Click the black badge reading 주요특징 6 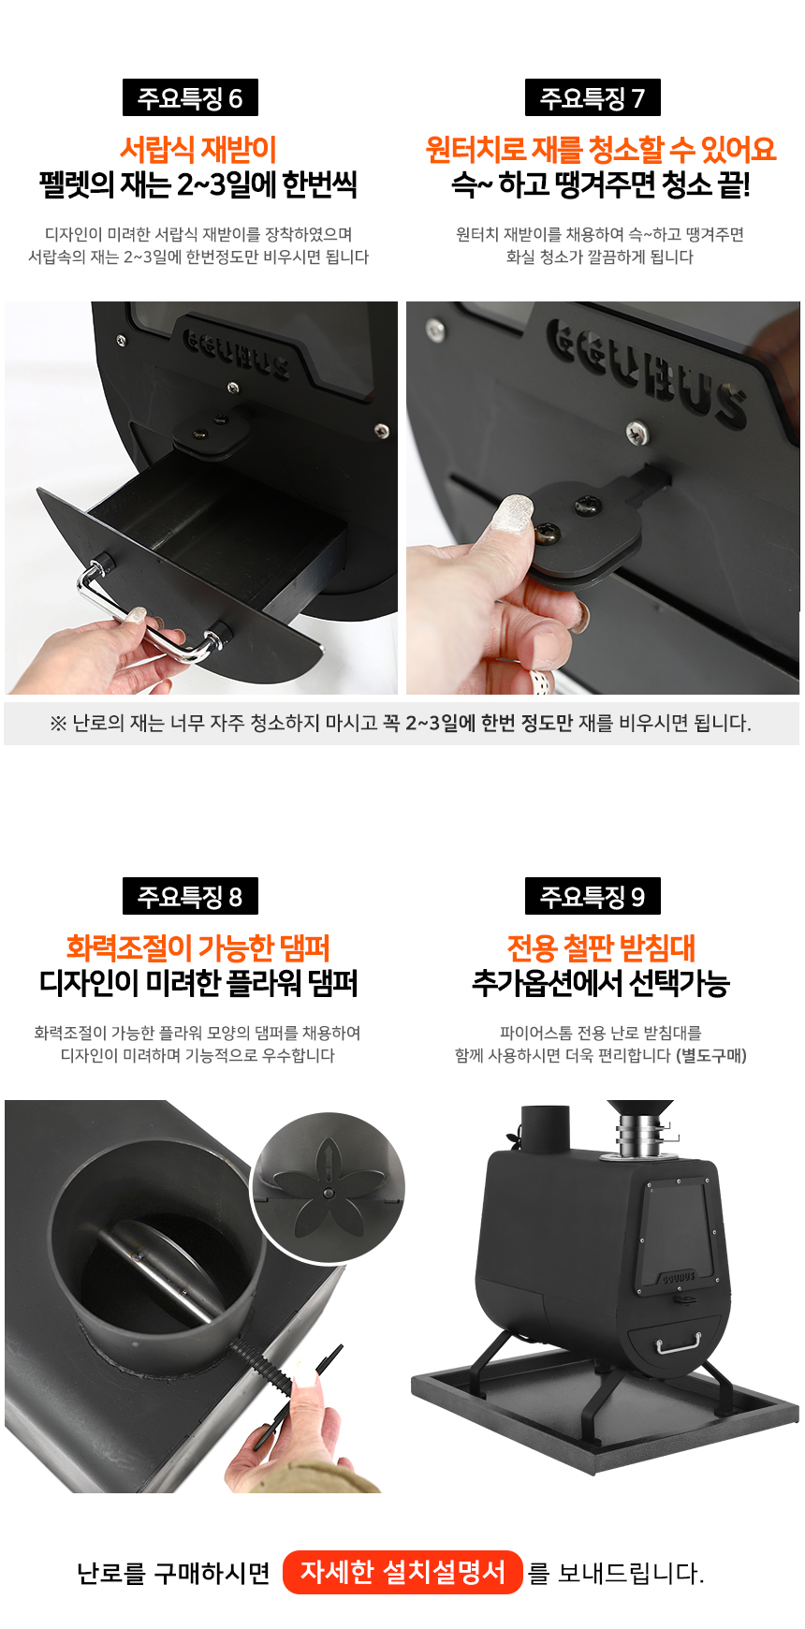(190, 98)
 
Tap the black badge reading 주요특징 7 (593, 98)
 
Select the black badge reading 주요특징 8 (190, 897)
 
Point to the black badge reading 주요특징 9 (593, 897)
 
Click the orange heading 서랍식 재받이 (198, 149)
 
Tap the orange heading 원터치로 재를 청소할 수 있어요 (600, 149)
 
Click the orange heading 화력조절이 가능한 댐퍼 (198, 948)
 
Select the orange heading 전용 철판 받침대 (601, 948)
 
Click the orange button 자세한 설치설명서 (402, 1572)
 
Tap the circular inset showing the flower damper (328, 1189)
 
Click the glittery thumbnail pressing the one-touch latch (511, 516)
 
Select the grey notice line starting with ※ (401, 723)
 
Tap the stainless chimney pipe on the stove (639, 1137)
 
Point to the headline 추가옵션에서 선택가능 (601, 984)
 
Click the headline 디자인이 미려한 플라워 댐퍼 (198, 984)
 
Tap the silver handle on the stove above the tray (679, 1343)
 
